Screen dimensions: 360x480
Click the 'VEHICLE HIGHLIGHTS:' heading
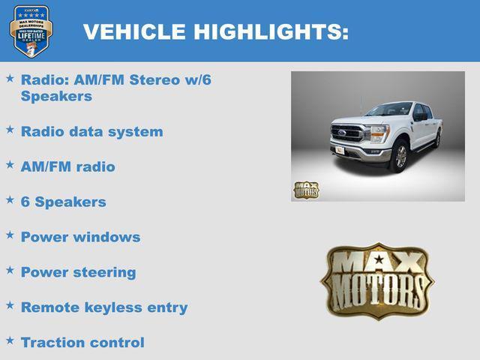(x=215, y=31)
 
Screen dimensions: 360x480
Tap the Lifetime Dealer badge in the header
(x=31, y=31)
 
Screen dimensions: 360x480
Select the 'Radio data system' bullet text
(x=91, y=131)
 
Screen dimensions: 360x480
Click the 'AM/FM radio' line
(x=68, y=166)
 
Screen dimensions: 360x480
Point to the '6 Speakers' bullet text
(x=64, y=202)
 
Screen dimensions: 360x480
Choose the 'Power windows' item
(x=80, y=237)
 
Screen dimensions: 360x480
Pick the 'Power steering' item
(x=79, y=272)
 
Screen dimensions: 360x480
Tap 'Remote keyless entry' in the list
(x=104, y=307)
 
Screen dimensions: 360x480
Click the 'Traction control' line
(x=82, y=343)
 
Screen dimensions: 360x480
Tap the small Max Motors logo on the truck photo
(x=306, y=190)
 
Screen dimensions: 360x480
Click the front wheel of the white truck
(x=400, y=156)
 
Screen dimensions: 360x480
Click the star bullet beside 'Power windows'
(x=10, y=235)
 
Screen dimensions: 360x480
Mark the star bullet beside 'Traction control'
(x=10, y=340)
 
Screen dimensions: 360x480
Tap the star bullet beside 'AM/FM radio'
(x=10, y=164)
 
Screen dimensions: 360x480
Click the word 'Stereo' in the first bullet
(x=154, y=80)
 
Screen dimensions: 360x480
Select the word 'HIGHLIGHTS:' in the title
(x=271, y=31)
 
